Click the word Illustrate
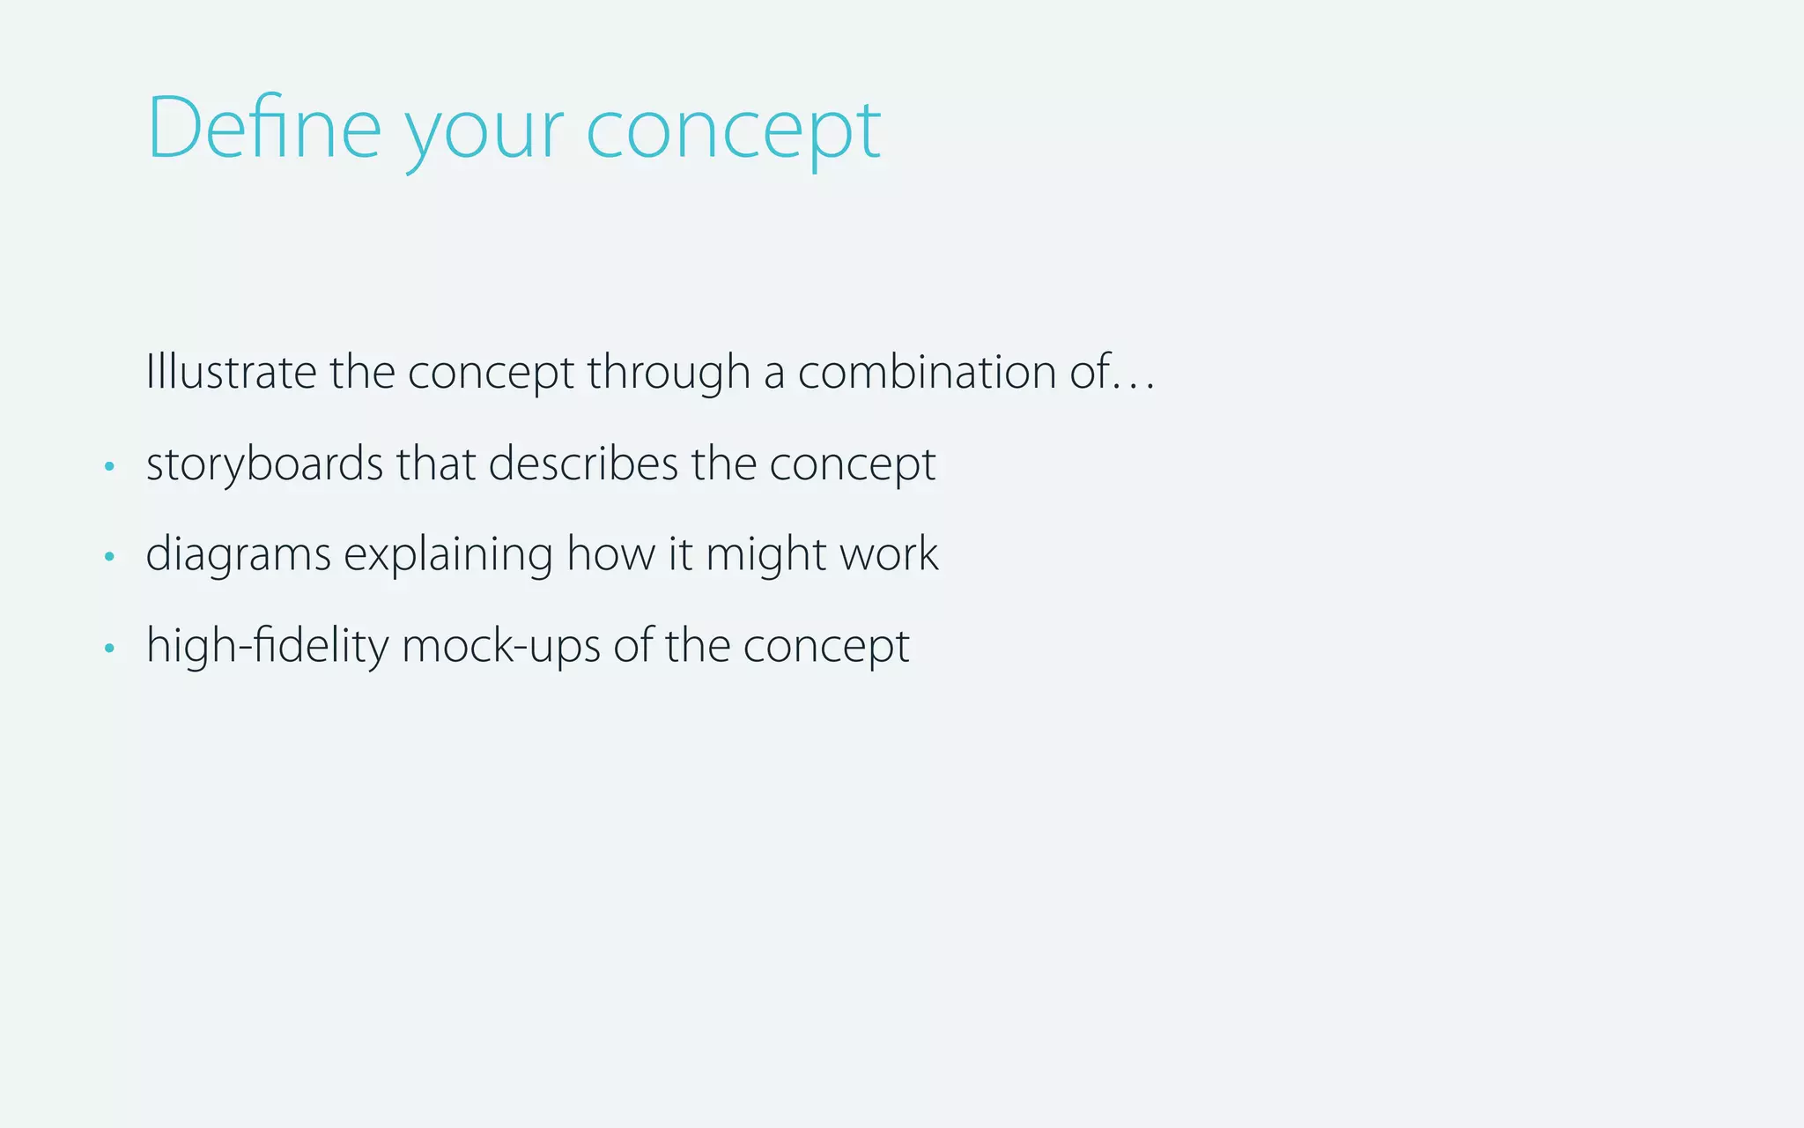coord(231,371)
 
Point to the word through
coord(669,373)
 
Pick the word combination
coord(927,371)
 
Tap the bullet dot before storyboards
coord(109,465)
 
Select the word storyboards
coord(264,464)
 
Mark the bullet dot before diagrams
coord(109,556)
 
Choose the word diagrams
coord(238,555)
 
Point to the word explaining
coord(448,555)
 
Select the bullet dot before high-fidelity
coord(109,648)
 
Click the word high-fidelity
coord(267,646)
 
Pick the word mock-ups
coord(501,646)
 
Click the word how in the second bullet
coord(610,554)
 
